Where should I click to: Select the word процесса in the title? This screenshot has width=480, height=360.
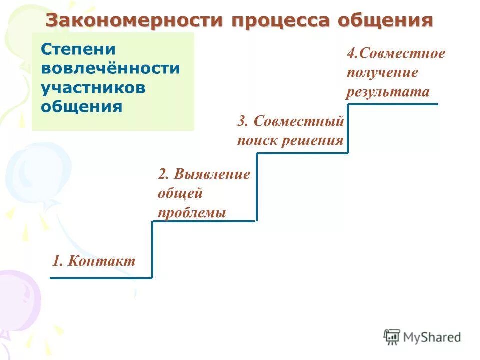[x=281, y=21]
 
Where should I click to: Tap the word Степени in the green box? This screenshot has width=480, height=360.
[x=78, y=49]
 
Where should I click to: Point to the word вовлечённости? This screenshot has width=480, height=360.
[x=110, y=68]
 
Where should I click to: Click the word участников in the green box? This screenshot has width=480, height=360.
[x=93, y=87]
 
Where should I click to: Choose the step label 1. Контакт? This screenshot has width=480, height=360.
[x=94, y=261]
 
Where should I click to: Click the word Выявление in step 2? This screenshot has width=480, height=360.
[x=212, y=175]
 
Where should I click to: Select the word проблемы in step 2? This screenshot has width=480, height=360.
[x=192, y=213]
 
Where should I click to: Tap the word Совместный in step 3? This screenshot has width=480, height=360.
[x=299, y=121]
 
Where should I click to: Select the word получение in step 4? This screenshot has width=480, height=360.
[x=382, y=73]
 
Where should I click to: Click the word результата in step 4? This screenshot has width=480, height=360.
[x=388, y=92]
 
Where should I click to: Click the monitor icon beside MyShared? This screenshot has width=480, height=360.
[x=392, y=337]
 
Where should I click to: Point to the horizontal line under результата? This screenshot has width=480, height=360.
[x=393, y=104]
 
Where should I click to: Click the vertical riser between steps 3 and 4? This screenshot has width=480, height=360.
[x=348, y=128]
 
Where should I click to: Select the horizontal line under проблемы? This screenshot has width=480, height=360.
[x=204, y=221]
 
